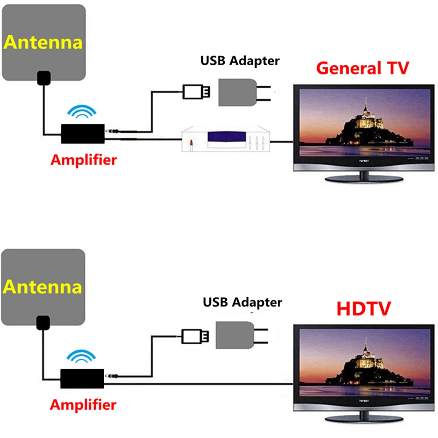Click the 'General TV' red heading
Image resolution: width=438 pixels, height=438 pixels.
[x=362, y=68]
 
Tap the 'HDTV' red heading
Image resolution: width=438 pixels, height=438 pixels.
[x=363, y=308]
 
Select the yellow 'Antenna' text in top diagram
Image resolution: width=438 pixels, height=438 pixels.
[x=43, y=43]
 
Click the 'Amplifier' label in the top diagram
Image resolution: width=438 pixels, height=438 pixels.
[x=84, y=159]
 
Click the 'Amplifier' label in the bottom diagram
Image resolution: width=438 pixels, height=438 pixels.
[x=83, y=404]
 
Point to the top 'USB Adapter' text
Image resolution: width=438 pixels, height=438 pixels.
[x=240, y=60]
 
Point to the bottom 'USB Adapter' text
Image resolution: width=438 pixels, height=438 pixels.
[x=242, y=302]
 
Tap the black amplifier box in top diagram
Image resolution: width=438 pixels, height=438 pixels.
[x=83, y=134]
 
